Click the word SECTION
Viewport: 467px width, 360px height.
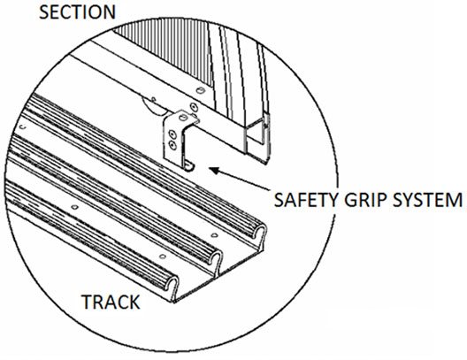point(78,12)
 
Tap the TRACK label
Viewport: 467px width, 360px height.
point(111,302)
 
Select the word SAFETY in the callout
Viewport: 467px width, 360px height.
point(306,200)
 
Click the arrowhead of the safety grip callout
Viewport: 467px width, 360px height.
point(214,171)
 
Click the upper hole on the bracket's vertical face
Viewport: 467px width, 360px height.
point(172,134)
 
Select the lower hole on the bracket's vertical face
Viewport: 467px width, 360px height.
point(172,145)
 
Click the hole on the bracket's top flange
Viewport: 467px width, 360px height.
point(183,118)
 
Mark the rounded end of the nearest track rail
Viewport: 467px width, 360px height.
point(172,286)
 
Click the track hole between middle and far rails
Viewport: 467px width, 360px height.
point(214,235)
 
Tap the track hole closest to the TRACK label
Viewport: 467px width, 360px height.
point(163,257)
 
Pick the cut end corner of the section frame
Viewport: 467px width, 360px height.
point(266,162)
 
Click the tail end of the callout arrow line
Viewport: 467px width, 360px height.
point(268,188)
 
